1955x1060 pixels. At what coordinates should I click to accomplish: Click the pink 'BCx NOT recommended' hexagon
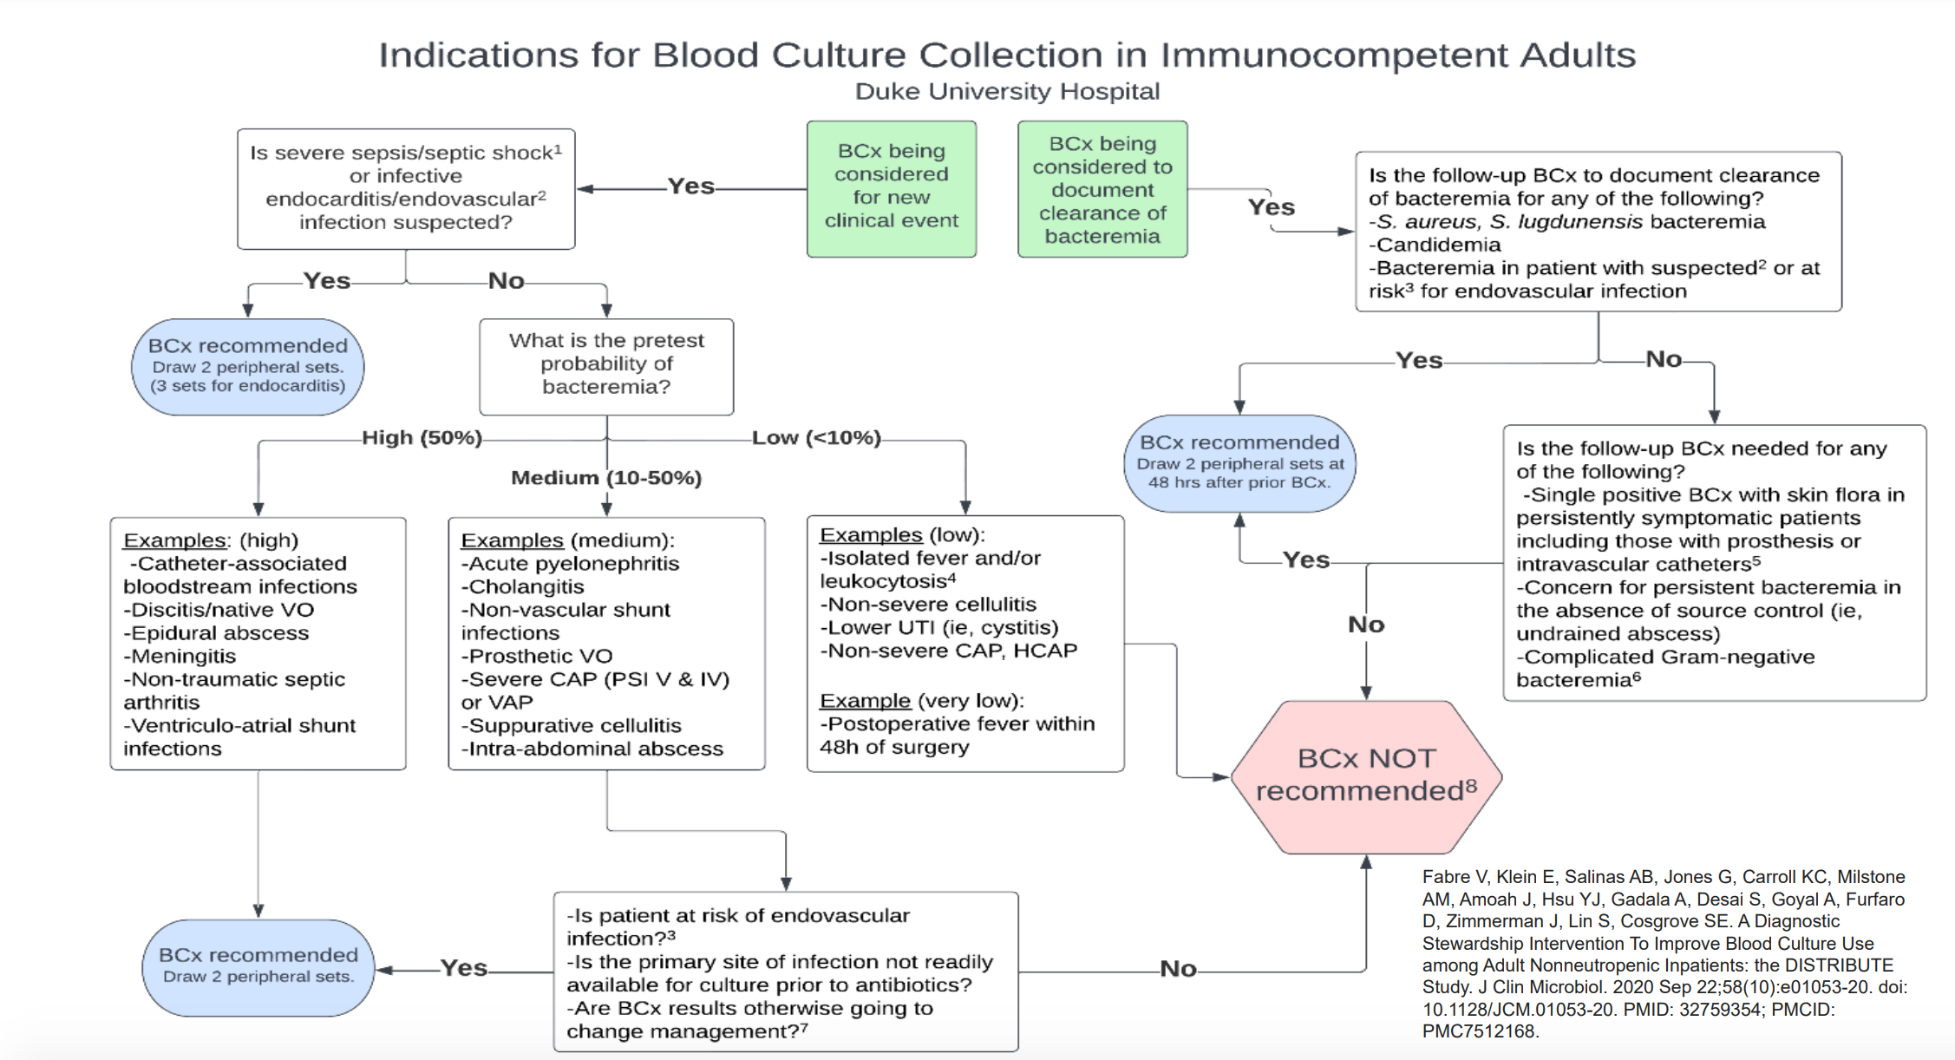(x=1366, y=775)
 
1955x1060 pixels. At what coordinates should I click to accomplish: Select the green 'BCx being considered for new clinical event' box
(x=891, y=187)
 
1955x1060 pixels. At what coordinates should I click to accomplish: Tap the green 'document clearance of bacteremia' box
(x=1102, y=189)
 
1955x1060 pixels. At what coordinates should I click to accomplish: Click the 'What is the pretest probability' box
(x=606, y=364)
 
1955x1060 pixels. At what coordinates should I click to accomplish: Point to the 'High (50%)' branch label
(x=422, y=438)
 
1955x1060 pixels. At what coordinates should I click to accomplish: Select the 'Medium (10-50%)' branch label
(x=606, y=478)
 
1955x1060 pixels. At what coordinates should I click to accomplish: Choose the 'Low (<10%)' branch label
(x=816, y=438)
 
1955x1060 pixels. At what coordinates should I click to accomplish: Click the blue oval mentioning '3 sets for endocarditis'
(x=248, y=366)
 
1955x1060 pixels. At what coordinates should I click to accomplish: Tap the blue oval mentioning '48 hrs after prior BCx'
(x=1239, y=463)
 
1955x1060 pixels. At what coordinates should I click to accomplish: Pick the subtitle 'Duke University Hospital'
(x=1007, y=91)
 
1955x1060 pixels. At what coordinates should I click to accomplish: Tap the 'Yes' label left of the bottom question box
(x=464, y=968)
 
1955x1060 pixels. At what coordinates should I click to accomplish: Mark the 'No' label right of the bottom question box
(x=1178, y=969)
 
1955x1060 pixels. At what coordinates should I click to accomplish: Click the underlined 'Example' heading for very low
(x=865, y=701)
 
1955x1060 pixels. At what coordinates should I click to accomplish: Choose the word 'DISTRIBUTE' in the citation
(x=1844, y=965)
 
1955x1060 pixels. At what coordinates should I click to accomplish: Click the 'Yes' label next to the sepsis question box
(x=690, y=186)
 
